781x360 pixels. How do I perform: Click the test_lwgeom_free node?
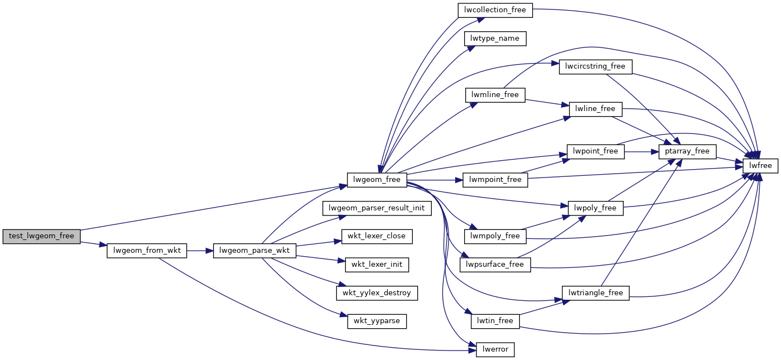pos(42,236)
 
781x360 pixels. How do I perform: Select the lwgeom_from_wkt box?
pos(147,251)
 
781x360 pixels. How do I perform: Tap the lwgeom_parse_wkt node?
pos(254,251)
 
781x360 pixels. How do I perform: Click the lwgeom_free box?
pos(377,180)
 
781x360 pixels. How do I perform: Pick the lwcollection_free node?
pos(495,10)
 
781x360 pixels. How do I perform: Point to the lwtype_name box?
pos(495,39)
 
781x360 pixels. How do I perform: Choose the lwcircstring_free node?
pos(595,66)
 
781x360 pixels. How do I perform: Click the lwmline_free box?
pos(495,95)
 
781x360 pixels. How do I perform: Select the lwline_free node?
pos(595,109)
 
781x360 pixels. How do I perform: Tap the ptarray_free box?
pos(687,151)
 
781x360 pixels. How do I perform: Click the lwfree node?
pos(760,166)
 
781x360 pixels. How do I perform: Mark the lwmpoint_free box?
pos(495,180)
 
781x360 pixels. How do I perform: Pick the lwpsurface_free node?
pos(495,265)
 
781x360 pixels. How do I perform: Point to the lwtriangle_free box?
pos(595,293)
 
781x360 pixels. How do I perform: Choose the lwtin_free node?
pos(495,321)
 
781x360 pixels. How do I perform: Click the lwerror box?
pos(495,350)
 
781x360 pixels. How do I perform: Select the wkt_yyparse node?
pos(377,321)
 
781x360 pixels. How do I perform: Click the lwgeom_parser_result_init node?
pos(377,208)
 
